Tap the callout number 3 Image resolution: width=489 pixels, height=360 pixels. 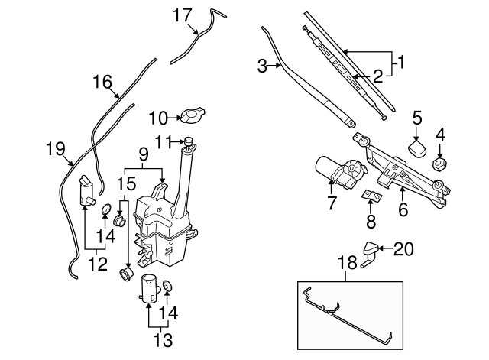pyautogui.click(x=262, y=66)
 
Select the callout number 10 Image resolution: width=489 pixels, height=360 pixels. pyautogui.click(x=157, y=118)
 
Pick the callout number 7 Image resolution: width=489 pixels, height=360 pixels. pyautogui.click(x=332, y=203)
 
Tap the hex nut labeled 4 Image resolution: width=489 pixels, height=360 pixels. pyautogui.click(x=439, y=164)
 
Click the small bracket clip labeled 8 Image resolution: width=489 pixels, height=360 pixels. pyautogui.click(x=371, y=197)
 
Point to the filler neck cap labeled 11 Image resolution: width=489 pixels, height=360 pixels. pyautogui.click(x=186, y=140)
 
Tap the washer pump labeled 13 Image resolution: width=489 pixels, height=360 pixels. pyautogui.click(x=148, y=289)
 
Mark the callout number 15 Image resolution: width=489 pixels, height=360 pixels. pyautogui.click(x=126, y=183)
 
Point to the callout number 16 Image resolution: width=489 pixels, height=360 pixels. pyautogui.click(x=102, y=82)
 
